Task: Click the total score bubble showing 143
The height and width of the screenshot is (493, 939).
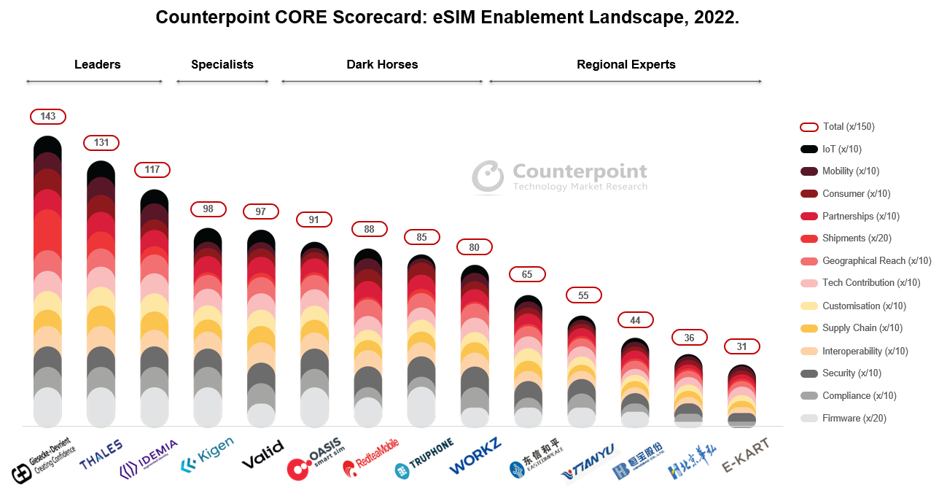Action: coord(48,117)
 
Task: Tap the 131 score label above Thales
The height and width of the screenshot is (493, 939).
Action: coord(101,143)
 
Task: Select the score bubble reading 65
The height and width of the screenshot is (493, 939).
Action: coord(527,275)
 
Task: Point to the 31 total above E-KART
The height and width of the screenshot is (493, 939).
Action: coord(742,346)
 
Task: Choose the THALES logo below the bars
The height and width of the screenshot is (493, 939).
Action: coord(101,455)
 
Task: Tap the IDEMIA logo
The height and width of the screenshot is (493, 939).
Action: coord(149,458)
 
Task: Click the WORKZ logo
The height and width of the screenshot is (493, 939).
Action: coord(475,457)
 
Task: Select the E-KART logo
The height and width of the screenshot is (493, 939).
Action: coord(745,456)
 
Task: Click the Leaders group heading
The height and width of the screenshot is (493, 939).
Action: coord(98,64)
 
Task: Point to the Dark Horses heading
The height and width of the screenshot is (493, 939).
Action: coord(382,64)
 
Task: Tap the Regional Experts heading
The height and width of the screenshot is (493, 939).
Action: coord(626,64)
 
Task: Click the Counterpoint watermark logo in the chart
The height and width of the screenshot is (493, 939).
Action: coord(560,177)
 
